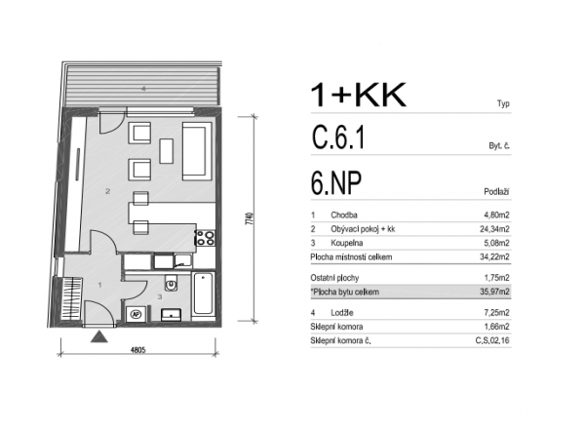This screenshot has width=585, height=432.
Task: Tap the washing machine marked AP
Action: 136,314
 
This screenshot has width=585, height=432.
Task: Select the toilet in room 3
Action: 171,283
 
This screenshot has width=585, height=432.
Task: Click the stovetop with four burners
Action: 205,238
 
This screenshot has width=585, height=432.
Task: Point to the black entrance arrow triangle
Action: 99,336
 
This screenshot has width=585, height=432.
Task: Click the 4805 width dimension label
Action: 137,350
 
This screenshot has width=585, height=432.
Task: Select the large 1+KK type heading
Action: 358,96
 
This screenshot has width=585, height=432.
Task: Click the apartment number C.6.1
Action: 337,137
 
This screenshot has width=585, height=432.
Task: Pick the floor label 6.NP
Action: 336,183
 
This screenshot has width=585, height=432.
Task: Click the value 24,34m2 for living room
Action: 494,229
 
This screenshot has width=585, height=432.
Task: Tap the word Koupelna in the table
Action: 346,243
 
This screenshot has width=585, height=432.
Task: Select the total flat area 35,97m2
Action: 494,292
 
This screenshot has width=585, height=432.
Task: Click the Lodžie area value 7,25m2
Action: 496,313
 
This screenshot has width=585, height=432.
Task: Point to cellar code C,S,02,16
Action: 492,340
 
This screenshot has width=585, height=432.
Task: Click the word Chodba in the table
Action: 344,215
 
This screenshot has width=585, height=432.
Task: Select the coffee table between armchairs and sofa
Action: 166,151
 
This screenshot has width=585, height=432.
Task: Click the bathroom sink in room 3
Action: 171,315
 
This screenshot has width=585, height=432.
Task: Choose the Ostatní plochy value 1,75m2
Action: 496,278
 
